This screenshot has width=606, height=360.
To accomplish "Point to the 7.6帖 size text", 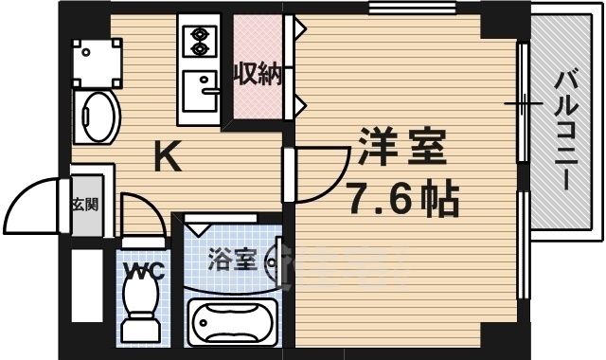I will click(x=401, y=198).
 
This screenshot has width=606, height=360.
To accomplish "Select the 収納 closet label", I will click(x=258, y=74).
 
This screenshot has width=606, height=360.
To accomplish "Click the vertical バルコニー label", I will click(x=565, y=128).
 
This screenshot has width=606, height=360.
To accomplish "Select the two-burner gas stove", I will click(x=200, y=41).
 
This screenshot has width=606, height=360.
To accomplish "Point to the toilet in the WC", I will click(x=142, y=308).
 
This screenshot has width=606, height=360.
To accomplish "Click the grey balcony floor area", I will click(x=566, y=189).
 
